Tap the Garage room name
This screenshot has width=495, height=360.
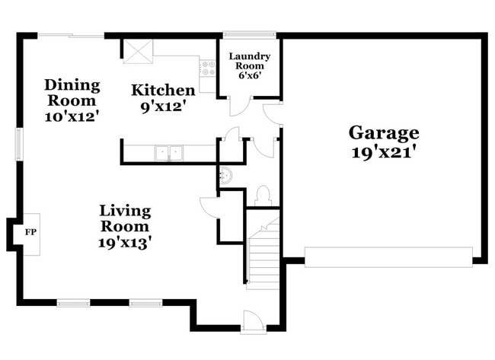point(384,132)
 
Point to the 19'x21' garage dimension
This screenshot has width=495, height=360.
point(384,151)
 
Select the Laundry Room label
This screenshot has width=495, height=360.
point(250,62)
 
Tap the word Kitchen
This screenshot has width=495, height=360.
point(163,91)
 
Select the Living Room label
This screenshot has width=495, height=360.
point(126,218)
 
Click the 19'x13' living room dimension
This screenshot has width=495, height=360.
point(126,243)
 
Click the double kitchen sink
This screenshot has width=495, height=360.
point(168,153)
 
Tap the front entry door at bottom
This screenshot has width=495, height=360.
point(254,323)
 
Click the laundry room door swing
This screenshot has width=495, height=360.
point(239,106)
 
